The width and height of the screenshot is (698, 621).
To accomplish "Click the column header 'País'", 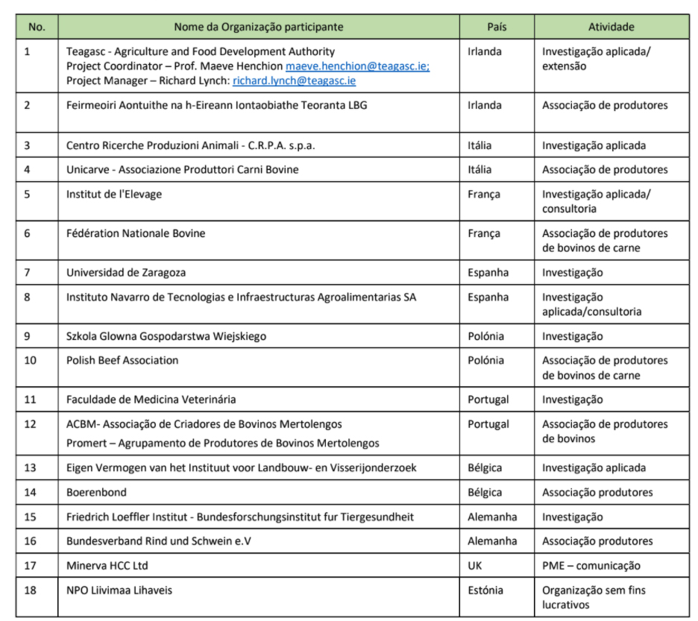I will pos(497,27).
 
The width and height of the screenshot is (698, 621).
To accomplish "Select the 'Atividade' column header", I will pos(611,27).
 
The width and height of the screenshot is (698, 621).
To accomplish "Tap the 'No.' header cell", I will pos(37,27).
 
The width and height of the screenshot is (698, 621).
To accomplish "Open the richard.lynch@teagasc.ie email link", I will pos(294,81).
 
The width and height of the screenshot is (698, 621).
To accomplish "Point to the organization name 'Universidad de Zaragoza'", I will pos(126,273).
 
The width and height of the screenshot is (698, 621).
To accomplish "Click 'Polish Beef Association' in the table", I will pos(122,361).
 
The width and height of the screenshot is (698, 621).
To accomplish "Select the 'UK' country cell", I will pos(476,566).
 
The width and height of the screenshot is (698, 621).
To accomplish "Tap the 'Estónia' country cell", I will pos(485,590).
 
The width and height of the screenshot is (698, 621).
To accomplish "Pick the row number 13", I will pos(31,468).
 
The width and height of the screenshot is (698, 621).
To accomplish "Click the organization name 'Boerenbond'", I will pos(96,493).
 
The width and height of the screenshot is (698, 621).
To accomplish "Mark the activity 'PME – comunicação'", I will pos(591,566).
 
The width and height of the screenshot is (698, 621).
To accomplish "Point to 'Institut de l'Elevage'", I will pos(114,195).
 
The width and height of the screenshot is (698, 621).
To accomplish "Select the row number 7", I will pos(28,273).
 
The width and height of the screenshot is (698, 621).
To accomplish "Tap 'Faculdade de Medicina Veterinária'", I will pos(151,400).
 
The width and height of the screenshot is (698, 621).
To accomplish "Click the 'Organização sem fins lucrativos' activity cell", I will pos(594,598).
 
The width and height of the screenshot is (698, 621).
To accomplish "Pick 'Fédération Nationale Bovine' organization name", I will pos(136,233).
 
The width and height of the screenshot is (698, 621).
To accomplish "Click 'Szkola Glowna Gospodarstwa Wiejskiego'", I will pos(166,336).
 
